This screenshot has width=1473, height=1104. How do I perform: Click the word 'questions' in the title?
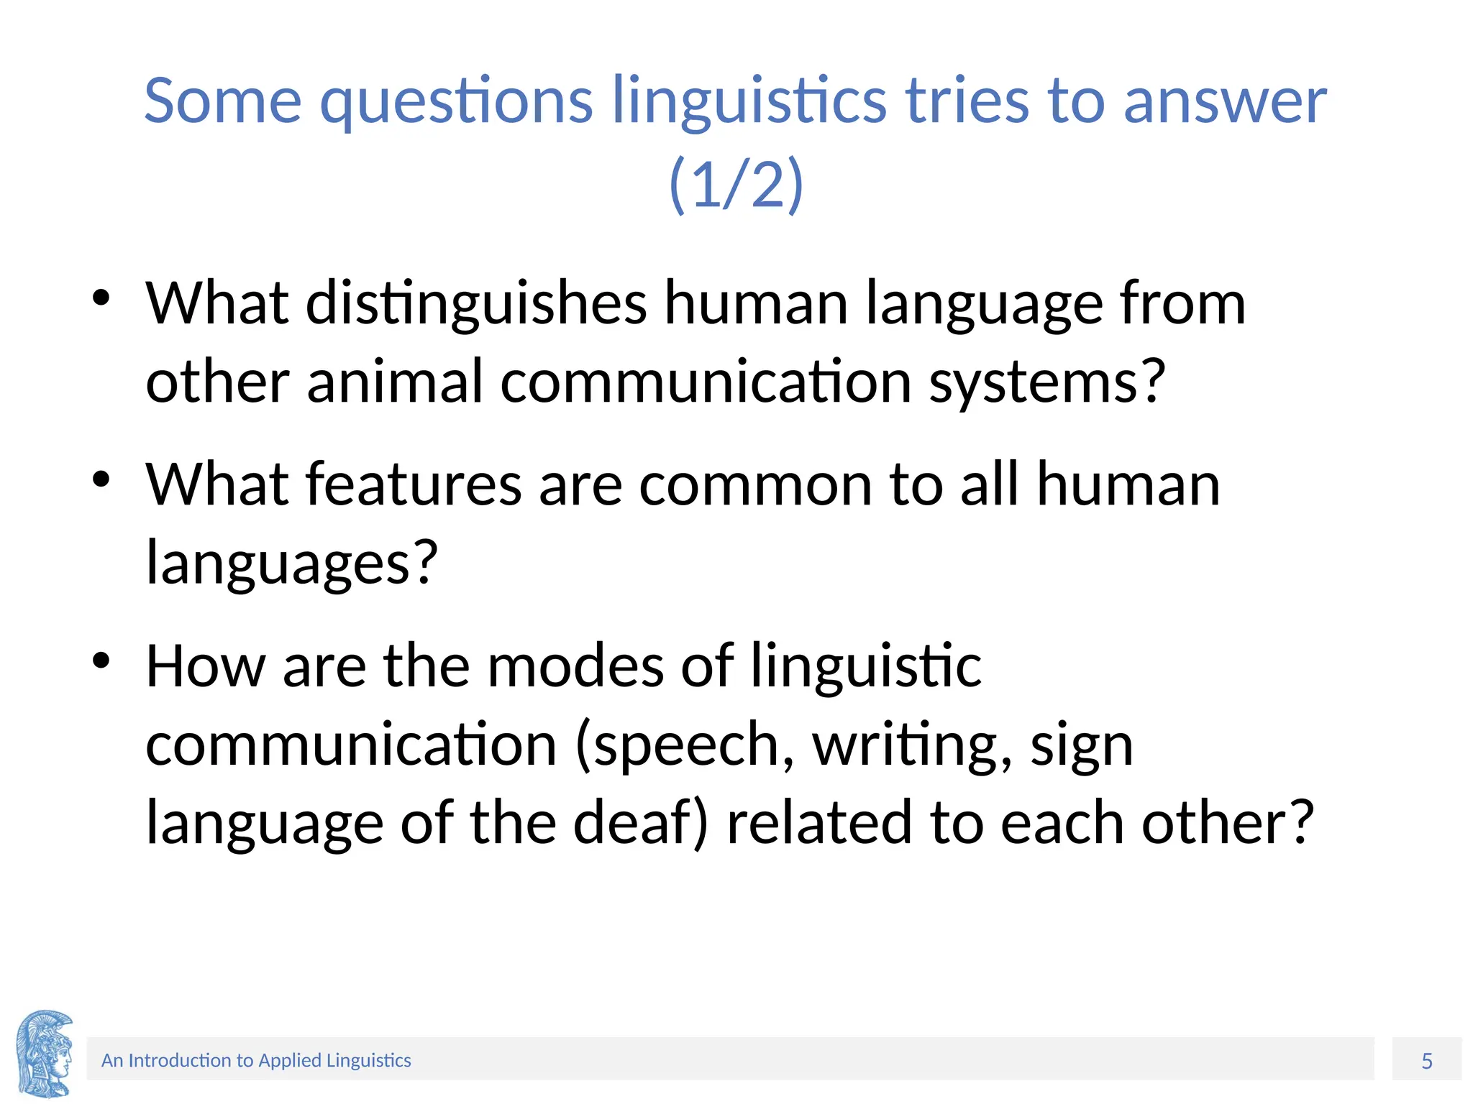pos(456,102)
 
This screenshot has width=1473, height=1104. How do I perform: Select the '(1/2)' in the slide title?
pos(736,184)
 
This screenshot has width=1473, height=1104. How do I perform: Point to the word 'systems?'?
pos(1046,382)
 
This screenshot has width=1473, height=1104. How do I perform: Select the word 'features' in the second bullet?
pos(414,484)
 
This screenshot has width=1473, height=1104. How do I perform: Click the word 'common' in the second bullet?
pos(755,486)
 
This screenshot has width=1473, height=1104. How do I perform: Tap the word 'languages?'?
pos(291,563)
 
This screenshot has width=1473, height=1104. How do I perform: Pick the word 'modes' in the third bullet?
pos(575,666)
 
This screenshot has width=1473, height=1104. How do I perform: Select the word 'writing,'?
pos(913,745)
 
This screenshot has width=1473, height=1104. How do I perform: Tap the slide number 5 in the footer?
pos(1427,1061)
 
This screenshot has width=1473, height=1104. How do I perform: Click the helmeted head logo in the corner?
pos(45,1053)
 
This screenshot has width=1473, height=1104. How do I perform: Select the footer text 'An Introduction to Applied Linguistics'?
pos(256,1060)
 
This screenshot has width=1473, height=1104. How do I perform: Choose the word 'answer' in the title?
pos(1224,102)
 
